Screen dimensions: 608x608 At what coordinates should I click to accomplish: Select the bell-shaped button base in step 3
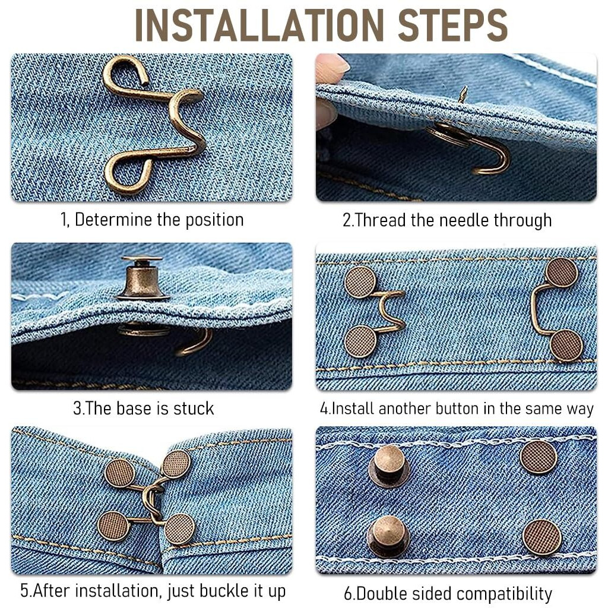click(142, 279)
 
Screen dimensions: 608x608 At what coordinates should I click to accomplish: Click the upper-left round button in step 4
click(360, 281)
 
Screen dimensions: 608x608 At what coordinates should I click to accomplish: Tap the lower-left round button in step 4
click(360, 342)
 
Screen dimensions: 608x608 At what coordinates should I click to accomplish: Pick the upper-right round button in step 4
click(561, 272)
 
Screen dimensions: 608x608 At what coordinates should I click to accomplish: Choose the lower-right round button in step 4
click(566, 345)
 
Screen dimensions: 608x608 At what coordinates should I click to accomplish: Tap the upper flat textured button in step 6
click(539, 457)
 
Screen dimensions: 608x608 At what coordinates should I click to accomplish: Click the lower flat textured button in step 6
click(542, 537)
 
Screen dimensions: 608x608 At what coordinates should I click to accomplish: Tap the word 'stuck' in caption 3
click(193, 408)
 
